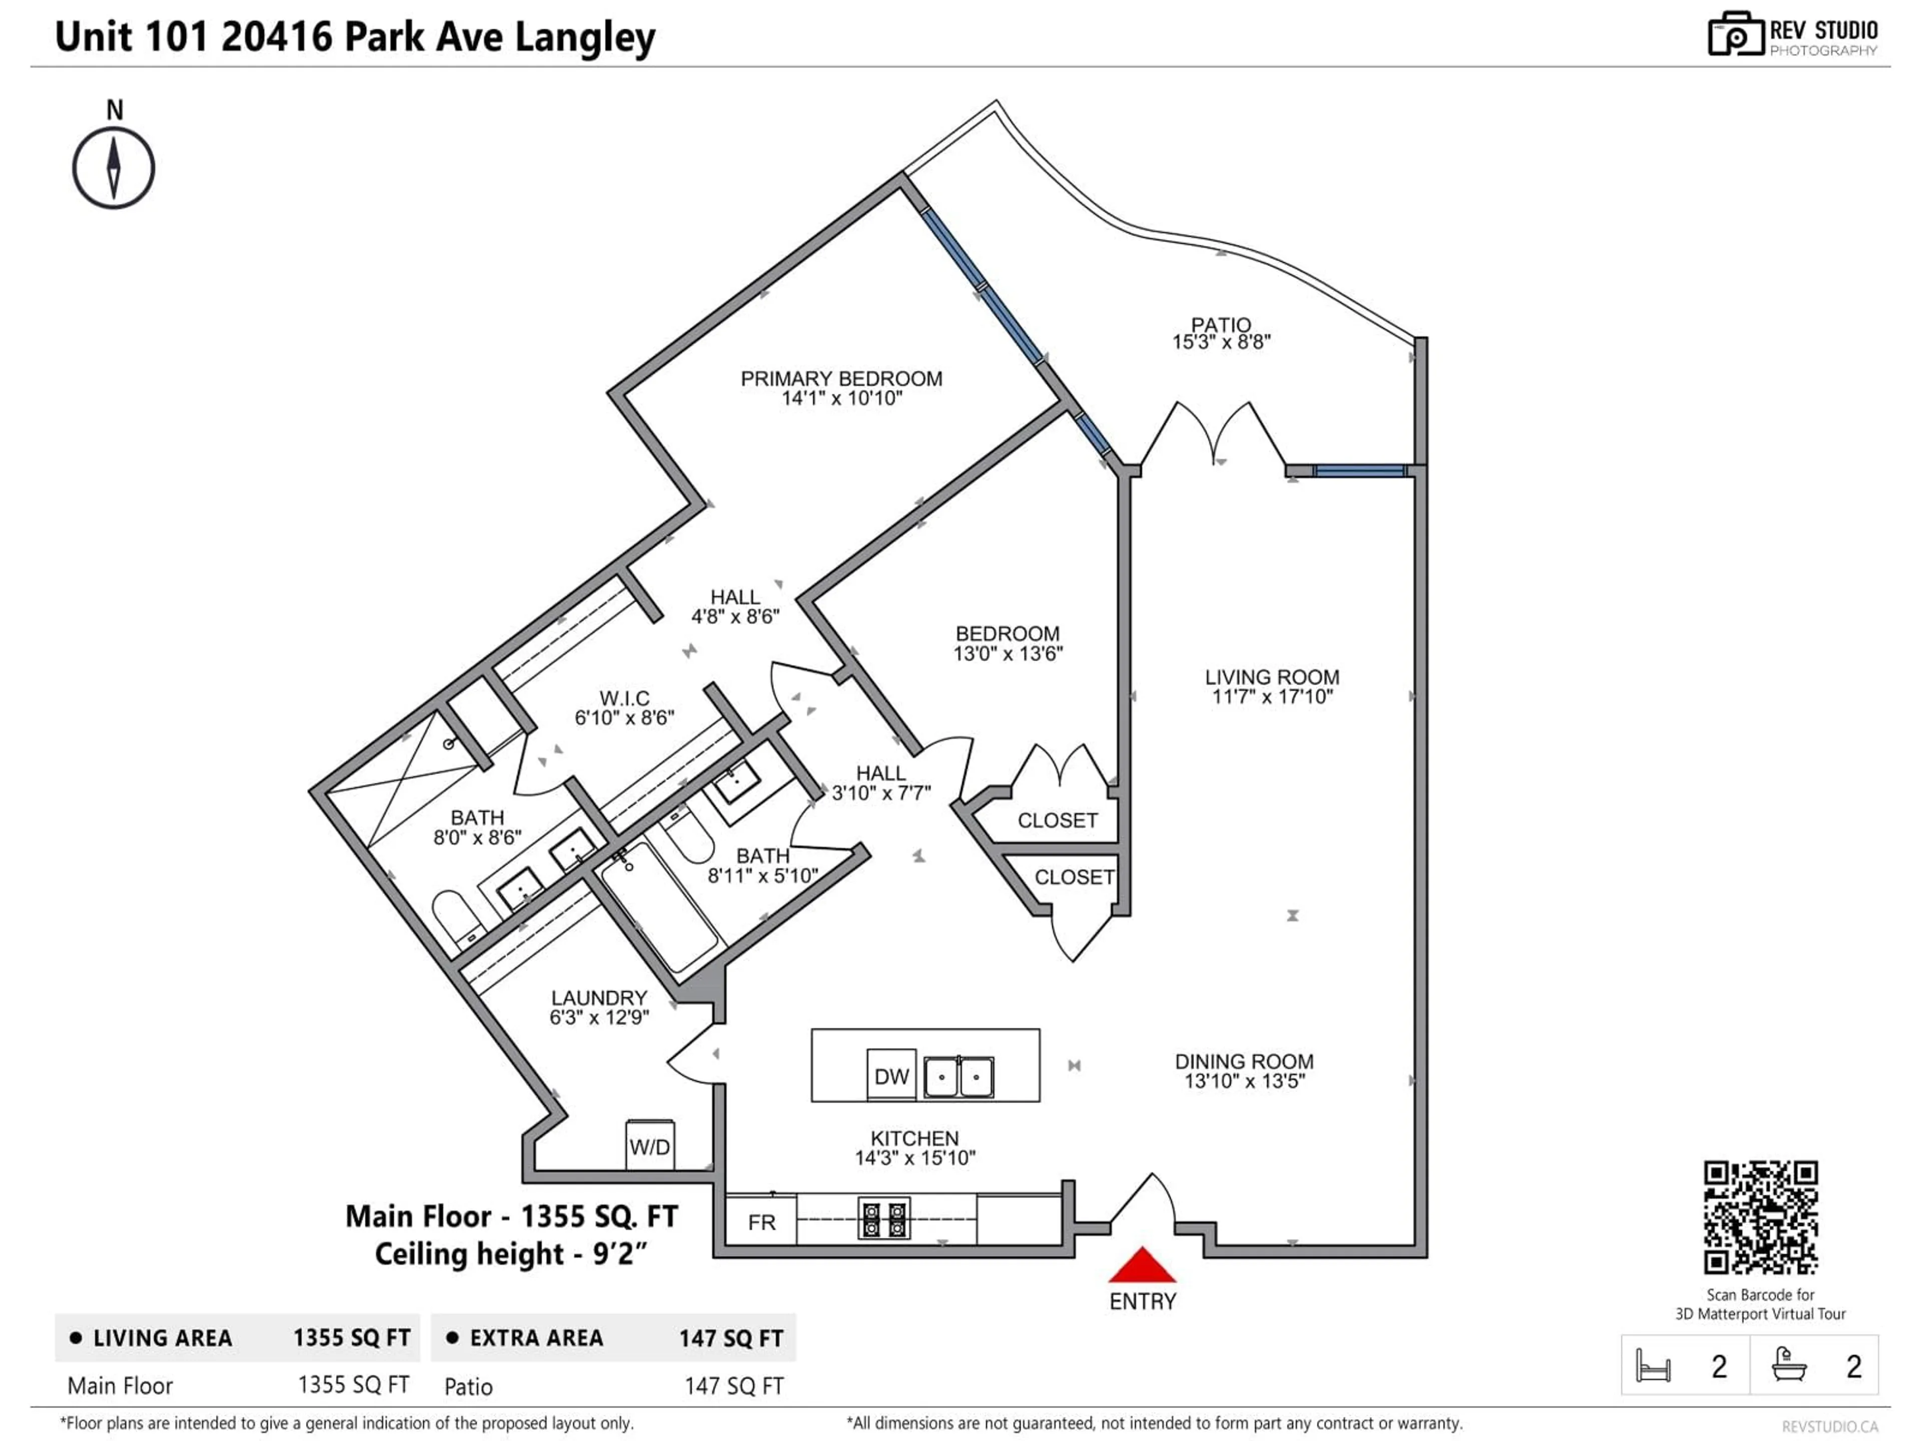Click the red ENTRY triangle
click(x=1142, y=1266)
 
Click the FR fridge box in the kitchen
click(x=761, y=1222)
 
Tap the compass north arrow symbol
click(x=113, y=168)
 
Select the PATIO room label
click(x=1221, y=325)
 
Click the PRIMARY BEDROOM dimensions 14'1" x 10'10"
click(x=841, y=399)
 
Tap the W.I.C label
click(x=624, y=698)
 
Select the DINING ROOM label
click(x=1244, y=1061)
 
